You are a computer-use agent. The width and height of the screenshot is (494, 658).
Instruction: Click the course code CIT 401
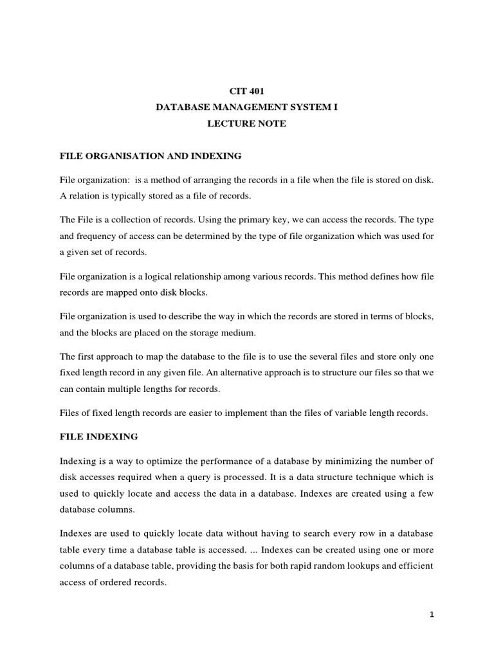tap(246, 92)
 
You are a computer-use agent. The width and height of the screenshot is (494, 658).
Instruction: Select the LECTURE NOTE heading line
tap(246, 124)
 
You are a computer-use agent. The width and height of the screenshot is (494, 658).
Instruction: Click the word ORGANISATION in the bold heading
tap(120, 155)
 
